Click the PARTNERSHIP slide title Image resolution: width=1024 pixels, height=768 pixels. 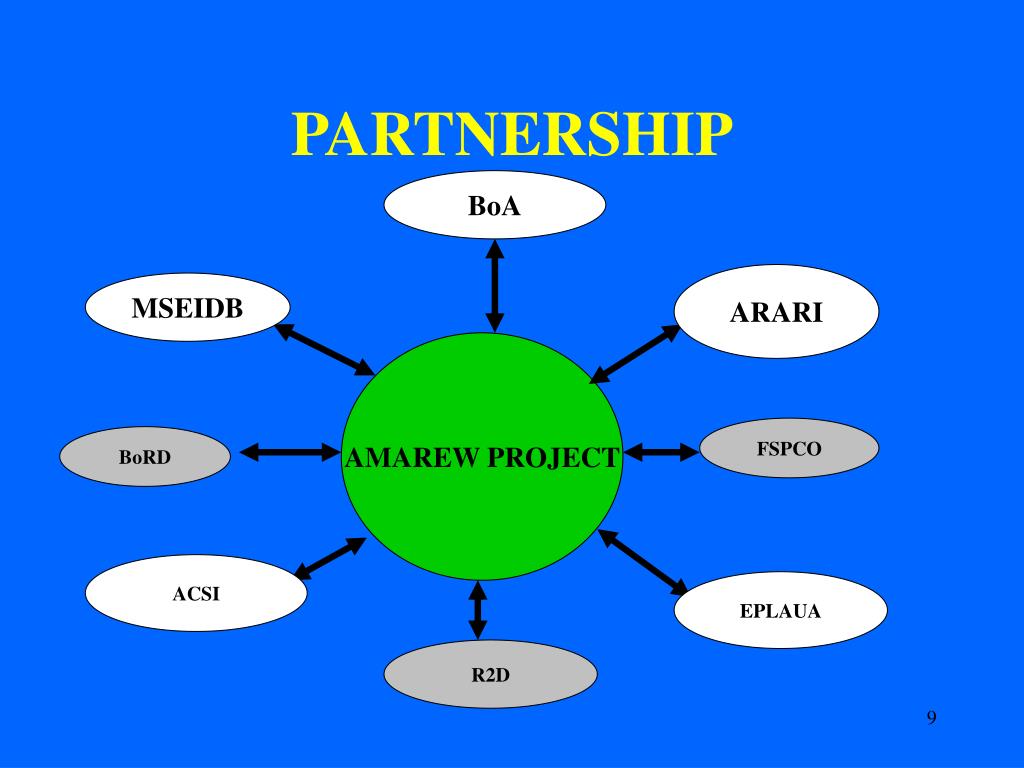point(512,134)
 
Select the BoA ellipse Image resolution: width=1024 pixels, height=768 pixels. point(495,206)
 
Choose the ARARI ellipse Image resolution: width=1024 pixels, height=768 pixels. point(776,312)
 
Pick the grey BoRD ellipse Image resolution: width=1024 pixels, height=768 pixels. point(145,457)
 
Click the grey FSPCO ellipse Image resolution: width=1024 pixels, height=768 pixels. point(789,448)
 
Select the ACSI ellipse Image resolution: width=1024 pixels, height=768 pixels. point(196,594)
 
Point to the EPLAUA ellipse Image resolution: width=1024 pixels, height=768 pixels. point(780,610)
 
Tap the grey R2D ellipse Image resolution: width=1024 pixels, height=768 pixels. point(491,674)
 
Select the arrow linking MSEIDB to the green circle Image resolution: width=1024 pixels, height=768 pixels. point(324,349)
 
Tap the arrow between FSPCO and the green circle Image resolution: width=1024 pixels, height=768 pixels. point(662,452)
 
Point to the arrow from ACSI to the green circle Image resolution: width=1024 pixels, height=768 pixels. point(330,558)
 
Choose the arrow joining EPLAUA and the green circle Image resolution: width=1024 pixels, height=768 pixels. point(643,561)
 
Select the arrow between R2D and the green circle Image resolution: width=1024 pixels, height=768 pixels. point(478,610)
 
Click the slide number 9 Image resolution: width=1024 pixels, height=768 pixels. point(931,717)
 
